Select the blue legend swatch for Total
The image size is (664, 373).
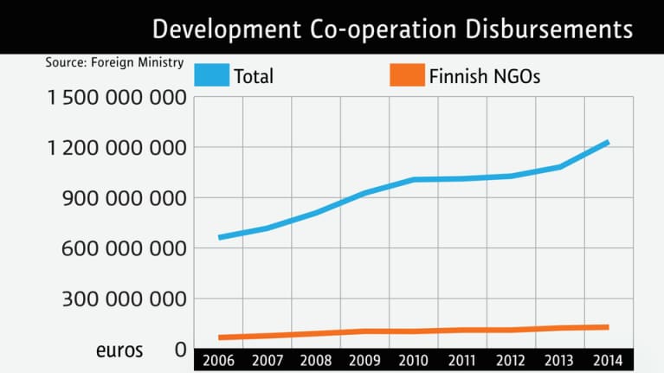(x=211, y=75)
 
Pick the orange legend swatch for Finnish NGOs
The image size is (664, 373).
(x=407, y=75)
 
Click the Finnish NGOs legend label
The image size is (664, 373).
(x=485, y=76)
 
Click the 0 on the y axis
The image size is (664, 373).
(x=180, y=350)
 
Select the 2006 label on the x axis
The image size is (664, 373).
(x=218, y=359)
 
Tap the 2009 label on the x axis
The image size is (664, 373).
(x=364, y=359)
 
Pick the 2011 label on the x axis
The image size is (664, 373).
(x=462, y=359)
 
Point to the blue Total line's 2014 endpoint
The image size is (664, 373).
(x=609, y=142)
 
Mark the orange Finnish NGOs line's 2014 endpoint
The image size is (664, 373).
(x=609, y=327)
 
